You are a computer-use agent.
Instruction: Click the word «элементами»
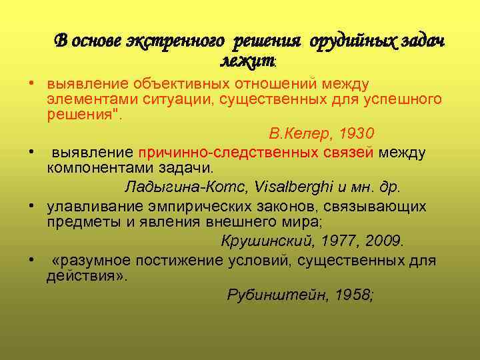tap(87, 99)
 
